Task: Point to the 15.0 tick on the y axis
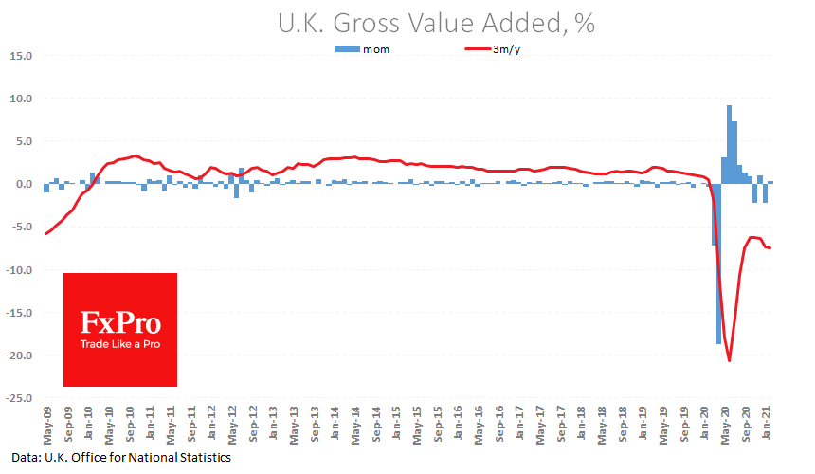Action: coord(21,55)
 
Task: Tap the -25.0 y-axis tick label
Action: coord(19,398)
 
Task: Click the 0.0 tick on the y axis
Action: coord(24,184)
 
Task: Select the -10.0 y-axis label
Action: coord(19,270)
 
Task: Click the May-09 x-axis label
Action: coord(46,423)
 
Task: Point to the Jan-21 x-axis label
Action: coord(766,423)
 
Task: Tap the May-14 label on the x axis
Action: coord(354,423)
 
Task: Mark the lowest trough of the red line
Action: coord(729,360)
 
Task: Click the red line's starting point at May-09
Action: coord(45,233)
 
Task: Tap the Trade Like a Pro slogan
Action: coord(119,344)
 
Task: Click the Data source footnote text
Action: coord(121,457)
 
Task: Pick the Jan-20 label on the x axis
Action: coord(704,423)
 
